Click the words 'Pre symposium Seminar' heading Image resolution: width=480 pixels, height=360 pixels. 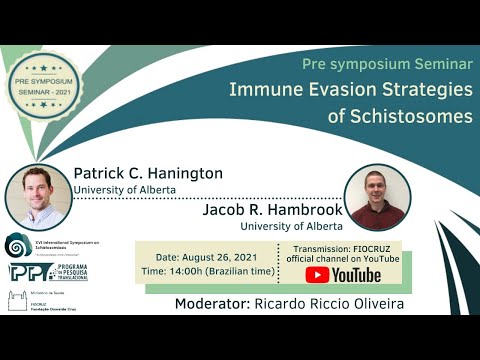tap(386, 63)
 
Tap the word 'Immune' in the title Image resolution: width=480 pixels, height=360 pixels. tap(264, 89)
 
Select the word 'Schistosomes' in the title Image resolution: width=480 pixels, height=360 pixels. tap(414, 115)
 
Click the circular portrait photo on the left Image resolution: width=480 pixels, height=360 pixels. tap(38, 197)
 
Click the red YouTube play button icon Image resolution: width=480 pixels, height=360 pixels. tap(318, 275)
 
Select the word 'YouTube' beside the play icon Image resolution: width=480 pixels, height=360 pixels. tap(358, 275)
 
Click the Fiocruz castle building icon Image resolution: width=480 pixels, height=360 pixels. tap(18, 302)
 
